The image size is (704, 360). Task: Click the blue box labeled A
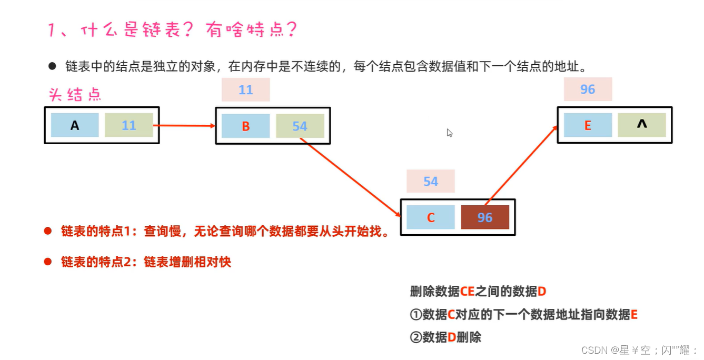click(75, 125)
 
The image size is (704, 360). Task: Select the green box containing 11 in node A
click(129, 125)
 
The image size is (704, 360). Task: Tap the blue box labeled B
click(245, 126)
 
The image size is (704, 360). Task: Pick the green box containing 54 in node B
click(300, 126)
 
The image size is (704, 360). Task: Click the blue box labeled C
click(430, 217)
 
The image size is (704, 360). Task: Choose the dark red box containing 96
click(485, 217)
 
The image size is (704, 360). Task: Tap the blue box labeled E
click(588, 125)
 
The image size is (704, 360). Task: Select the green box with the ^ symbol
click(641, 125)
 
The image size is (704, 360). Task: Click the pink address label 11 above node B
click(245, 89)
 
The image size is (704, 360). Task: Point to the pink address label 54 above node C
click(430, 182)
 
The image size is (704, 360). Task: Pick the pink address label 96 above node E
click(588, 89)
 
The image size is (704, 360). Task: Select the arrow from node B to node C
click(350, 177)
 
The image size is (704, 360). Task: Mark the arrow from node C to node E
click(521, 165)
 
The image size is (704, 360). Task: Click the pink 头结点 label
click(75, 95)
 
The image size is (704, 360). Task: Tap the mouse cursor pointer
click(449, 133)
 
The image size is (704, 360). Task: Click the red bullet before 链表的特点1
click(47, 231)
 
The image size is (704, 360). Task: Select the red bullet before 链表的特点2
click(47, 262)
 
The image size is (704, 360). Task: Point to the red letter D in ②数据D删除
click(451, 337)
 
